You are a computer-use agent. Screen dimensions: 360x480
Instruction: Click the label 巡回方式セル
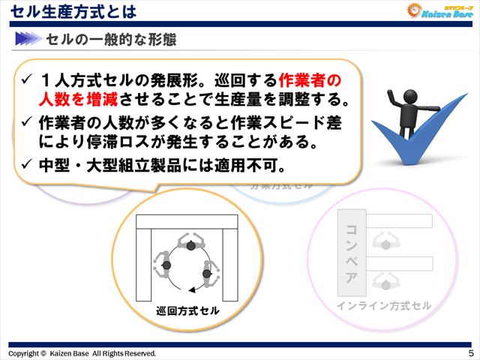click(x=183, y=310)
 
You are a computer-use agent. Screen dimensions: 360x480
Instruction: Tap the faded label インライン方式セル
click(x=383, y=305)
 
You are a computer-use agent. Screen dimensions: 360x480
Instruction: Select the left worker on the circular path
click(x=165, y=264)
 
